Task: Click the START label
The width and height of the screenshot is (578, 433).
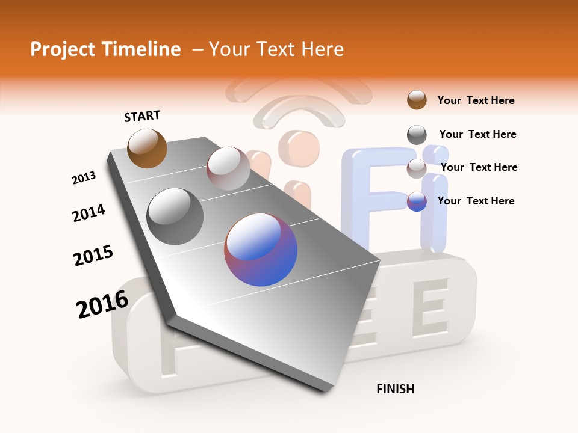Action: tap(142, 115)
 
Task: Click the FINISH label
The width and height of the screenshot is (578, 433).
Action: tap(395, 389)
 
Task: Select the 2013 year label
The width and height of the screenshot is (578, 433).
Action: tap(84, 178)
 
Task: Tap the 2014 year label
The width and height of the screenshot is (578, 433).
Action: tap(89, 213)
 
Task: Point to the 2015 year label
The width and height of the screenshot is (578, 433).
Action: tap(93, 256)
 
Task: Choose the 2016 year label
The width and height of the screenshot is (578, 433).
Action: tap(102, 304)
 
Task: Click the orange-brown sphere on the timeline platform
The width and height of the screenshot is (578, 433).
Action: tap(147, 148)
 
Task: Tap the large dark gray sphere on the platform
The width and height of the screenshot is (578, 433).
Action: tap(175, 216)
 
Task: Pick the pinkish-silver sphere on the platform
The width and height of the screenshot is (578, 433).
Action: tap(228, 168)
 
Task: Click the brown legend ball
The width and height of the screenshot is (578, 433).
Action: tap(417, 100)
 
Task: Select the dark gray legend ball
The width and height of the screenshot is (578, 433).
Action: tap(417, 135)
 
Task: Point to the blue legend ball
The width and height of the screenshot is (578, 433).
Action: tap(417, 201)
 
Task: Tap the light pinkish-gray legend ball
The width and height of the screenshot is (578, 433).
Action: tap(417, 168)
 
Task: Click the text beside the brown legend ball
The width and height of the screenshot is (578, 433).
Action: tap(476, 100)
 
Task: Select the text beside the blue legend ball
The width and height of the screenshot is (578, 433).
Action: tap(476, 201)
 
